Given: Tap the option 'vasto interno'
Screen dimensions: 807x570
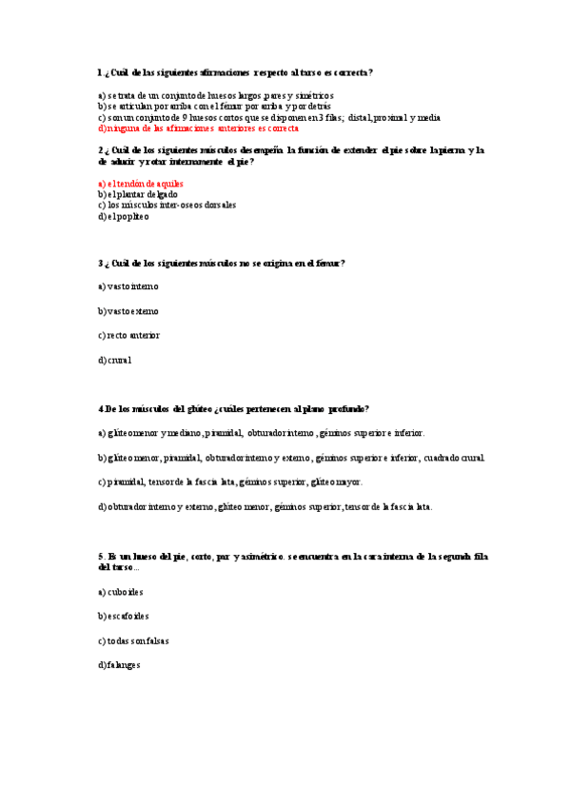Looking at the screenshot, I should tap(128, 285).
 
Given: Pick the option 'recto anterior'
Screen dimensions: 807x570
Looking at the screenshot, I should tap(129, 335).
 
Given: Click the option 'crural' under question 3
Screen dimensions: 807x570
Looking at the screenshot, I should tap(115, 361).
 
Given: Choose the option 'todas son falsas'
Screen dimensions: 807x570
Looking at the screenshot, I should tap(133, 640).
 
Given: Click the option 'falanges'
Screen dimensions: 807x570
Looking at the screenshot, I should tap(119, 665).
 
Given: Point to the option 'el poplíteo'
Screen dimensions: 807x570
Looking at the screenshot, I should tap(124, 216).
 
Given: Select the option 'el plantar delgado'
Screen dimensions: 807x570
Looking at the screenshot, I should tap(137, 193).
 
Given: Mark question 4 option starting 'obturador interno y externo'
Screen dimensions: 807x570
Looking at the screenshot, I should tap(265, 507).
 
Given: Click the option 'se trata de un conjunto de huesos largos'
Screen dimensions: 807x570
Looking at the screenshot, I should tap(215, 96).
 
